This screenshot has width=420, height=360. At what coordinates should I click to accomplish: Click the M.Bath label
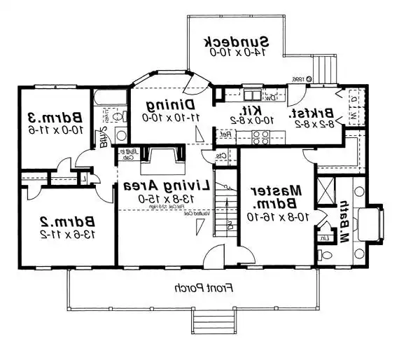(x=344, y=219)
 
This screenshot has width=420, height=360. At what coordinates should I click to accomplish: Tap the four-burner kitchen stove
(x=261, y=137)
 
